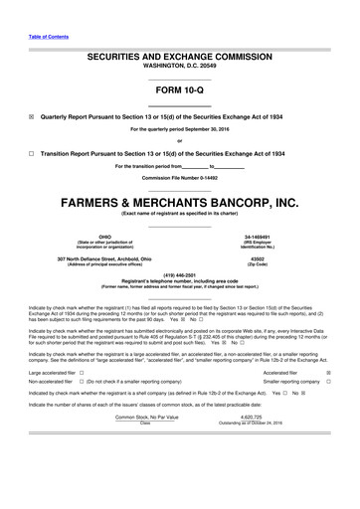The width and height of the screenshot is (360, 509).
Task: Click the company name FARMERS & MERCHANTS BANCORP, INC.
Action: (180, 201)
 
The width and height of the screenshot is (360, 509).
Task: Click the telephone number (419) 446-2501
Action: (180, 277)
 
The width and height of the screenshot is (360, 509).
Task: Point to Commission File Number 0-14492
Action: (180, 177)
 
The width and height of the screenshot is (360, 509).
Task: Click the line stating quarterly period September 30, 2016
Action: (180, 129)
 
